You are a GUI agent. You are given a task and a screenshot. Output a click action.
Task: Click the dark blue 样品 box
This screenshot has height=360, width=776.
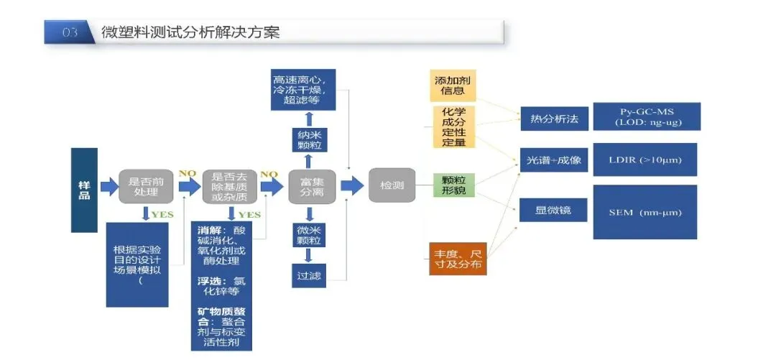84,190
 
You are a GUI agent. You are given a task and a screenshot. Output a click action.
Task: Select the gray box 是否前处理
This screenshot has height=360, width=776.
146,187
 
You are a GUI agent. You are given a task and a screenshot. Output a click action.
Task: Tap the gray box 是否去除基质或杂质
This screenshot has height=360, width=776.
229,187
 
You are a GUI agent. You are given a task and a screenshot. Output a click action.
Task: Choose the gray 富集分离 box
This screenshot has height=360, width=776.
312,187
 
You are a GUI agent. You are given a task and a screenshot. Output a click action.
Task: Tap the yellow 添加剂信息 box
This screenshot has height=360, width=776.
453,86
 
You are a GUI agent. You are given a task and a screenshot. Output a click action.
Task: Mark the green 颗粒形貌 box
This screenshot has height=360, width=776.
453,185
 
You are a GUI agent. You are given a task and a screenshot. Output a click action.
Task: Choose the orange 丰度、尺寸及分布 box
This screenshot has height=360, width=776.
457,259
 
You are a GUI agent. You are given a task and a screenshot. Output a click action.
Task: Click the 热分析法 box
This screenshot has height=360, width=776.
553,117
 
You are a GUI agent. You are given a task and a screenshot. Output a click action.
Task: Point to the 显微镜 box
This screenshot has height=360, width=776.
553,210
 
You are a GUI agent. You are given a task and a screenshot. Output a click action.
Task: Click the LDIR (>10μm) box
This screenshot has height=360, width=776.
645,160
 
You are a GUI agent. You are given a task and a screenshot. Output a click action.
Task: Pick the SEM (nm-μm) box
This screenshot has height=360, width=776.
645,212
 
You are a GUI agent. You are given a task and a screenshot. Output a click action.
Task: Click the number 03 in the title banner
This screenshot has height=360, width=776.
70,32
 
